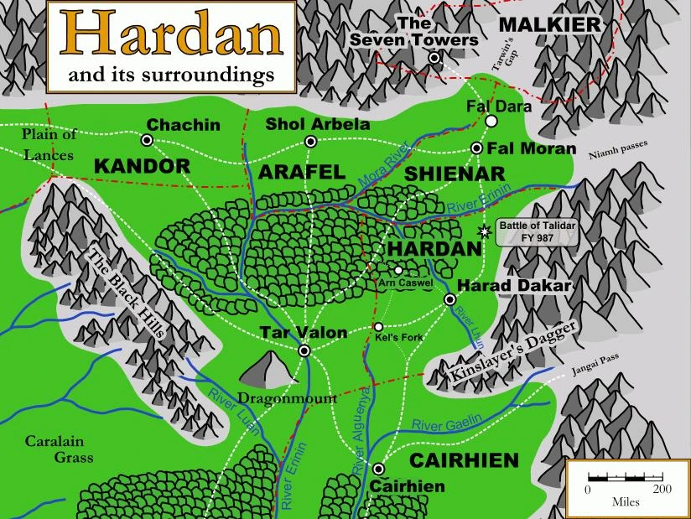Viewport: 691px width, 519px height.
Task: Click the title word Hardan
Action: click(171, 34)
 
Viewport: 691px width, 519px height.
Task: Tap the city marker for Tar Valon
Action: click(304, 350)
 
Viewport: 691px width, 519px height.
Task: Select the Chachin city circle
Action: click(147, 140)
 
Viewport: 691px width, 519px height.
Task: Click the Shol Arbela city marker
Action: click(311, 141)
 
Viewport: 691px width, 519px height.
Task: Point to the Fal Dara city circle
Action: click(491, 122)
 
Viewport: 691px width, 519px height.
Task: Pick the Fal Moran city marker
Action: click(476, 148)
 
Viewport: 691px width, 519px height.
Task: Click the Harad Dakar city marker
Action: click(449, 299)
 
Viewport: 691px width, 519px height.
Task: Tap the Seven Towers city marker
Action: click(434, 58)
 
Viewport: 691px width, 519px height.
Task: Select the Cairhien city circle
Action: click(378, 469)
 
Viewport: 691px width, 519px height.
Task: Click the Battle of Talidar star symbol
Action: click(483, 231)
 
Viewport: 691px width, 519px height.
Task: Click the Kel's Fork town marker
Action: click(378, 327)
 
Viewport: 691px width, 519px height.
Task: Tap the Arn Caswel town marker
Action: click(398, 270)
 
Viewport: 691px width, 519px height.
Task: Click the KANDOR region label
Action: click(143, 166)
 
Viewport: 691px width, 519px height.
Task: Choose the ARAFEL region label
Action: click(302, 173)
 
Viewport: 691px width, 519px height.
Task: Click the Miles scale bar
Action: click(626, 479)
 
